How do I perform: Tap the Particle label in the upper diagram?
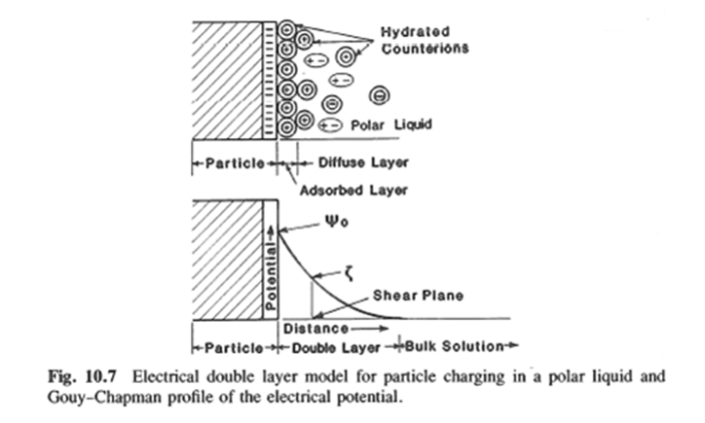[234, 161]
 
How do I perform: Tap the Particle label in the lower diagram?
[235, 345]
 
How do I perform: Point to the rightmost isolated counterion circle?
[380, 95]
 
